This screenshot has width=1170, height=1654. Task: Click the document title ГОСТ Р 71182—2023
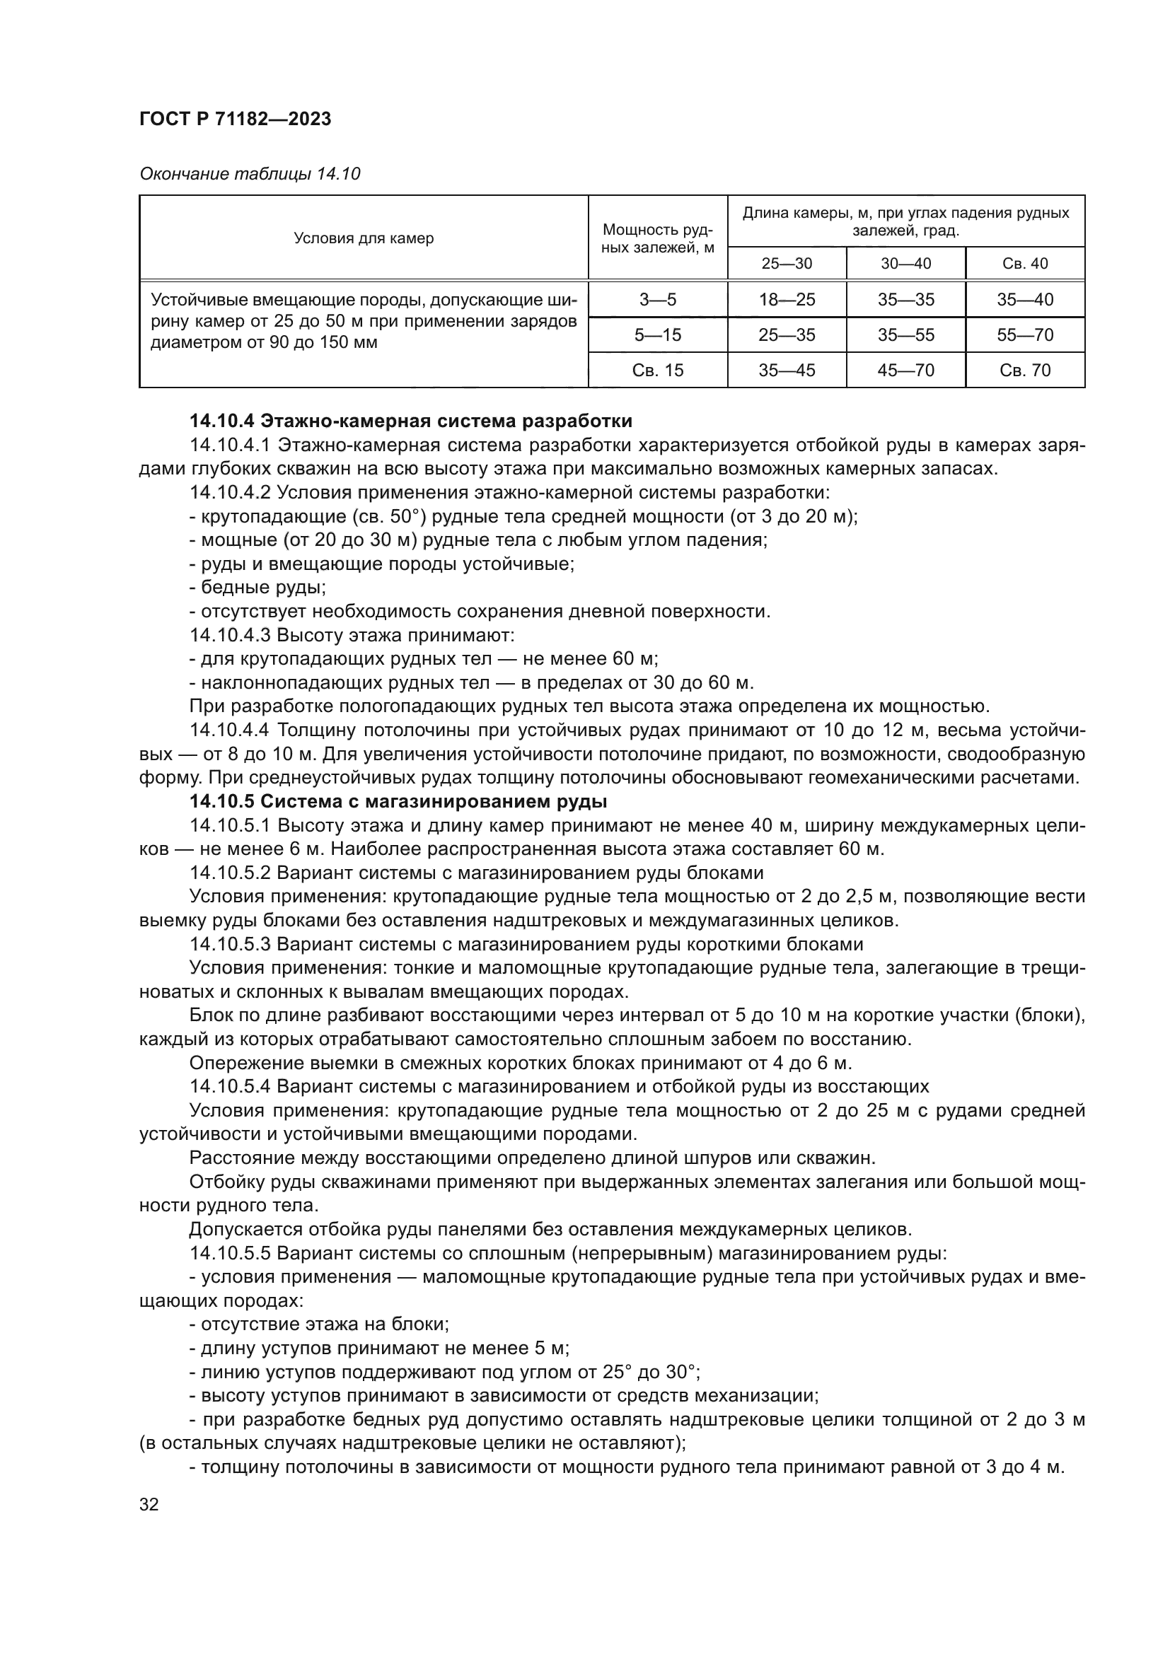(x=235, y=119)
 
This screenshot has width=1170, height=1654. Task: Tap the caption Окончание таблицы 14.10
(x=249, y=174)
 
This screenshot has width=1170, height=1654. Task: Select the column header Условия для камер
(x=363, y=238)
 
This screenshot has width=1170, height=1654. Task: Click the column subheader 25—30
(x=786, y=263)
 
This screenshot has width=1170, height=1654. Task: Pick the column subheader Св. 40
(x=1024, y=263)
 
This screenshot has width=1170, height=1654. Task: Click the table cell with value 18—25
(x=786, y=300)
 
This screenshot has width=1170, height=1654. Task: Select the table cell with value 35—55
(x=905, y=335)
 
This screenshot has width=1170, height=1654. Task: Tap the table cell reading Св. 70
(x=1024, y=371)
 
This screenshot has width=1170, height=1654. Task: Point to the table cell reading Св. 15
(x=657, y=371)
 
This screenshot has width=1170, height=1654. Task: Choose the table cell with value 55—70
(x=1024, y=335)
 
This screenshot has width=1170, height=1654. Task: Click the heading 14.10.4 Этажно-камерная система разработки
(x=411, y=421)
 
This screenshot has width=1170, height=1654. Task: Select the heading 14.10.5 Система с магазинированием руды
(x=398, y=801)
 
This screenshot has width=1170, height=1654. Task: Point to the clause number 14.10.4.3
(x=229, y=636)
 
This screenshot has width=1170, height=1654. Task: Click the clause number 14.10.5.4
(x=229, y=1086)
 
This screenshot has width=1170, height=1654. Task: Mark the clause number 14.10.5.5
(x=229, y=1253)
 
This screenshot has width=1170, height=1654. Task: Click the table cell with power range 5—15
(x=657, y=335)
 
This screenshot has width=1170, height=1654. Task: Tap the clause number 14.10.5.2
(x=229, y=873)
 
